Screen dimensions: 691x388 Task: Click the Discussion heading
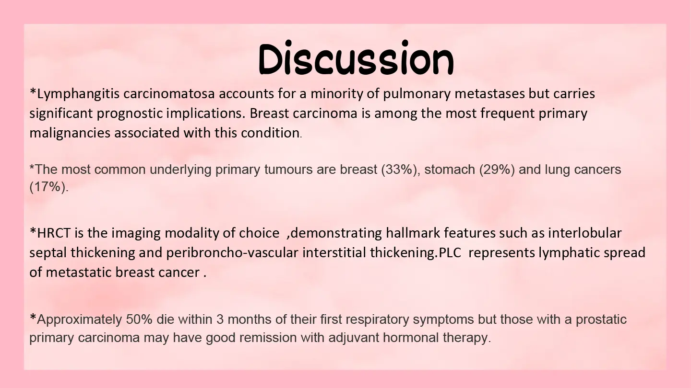pyautogui.click(x=356, y=58)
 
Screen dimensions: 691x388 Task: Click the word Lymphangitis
pyautogui.click(x=78, y=94)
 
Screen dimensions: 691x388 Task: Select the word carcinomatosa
pyautogui.click(x=169, y=93)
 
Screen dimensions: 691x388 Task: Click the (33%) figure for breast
pyautogui.click(x=401, y=170)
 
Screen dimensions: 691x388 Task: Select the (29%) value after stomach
pyautogui.click(x=497, y=170)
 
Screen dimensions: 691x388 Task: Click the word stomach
pyautogui.click(x=450, y=170)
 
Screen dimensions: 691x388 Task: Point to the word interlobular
pyautogui.click(x=585, y=233)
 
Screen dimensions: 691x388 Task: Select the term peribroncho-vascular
pyautogui.click(x=232, y=253)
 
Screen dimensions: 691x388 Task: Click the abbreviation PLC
pyautogui.click(x=450, y=253)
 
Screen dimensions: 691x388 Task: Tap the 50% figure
pyautogui.click(x=139, y=320)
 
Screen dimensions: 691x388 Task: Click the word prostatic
pyautogui.click(x=601, y=320)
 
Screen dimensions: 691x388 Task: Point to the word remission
pyautogui.click(x=268, y=338)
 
